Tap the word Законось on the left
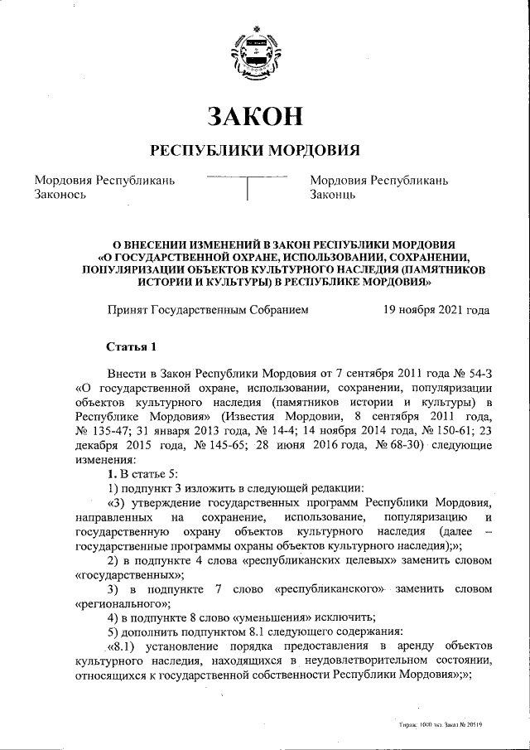[61, 196]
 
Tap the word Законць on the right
[333, 196]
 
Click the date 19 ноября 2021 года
[436, 310]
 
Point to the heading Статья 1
[131, 346]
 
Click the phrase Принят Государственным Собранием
[208, 310]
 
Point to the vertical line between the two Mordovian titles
[248, 190]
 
